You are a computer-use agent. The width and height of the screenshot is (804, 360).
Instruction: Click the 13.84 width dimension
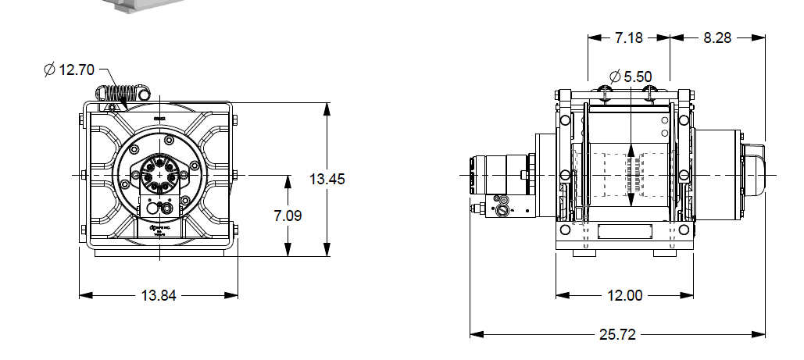click(159, 295)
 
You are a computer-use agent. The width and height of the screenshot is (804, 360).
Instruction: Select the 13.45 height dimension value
click(327, 179)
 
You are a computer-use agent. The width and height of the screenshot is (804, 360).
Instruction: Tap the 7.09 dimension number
click(288, 215)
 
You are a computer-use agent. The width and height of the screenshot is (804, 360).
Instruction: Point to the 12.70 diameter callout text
click(76, 70)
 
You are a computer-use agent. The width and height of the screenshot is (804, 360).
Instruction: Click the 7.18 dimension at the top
click(629, 37)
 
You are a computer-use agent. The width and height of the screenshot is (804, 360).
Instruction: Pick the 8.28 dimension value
click(717, 37)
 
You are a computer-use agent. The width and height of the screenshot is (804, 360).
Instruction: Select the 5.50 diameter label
click(637, 77)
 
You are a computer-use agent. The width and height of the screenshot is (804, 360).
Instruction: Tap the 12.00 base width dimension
click(624, 295)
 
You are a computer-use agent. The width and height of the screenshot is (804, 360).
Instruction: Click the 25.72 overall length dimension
click(617, 334)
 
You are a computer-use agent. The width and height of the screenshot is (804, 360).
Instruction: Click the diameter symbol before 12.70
click(50, 70)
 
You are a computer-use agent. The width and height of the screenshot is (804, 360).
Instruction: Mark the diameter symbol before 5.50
click(614, 77)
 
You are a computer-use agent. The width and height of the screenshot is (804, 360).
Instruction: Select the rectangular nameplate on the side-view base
click(624, 232)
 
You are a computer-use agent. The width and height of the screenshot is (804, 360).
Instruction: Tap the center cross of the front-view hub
click(160, 175)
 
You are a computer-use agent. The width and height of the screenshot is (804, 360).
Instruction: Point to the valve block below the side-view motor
click(500, 208)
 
